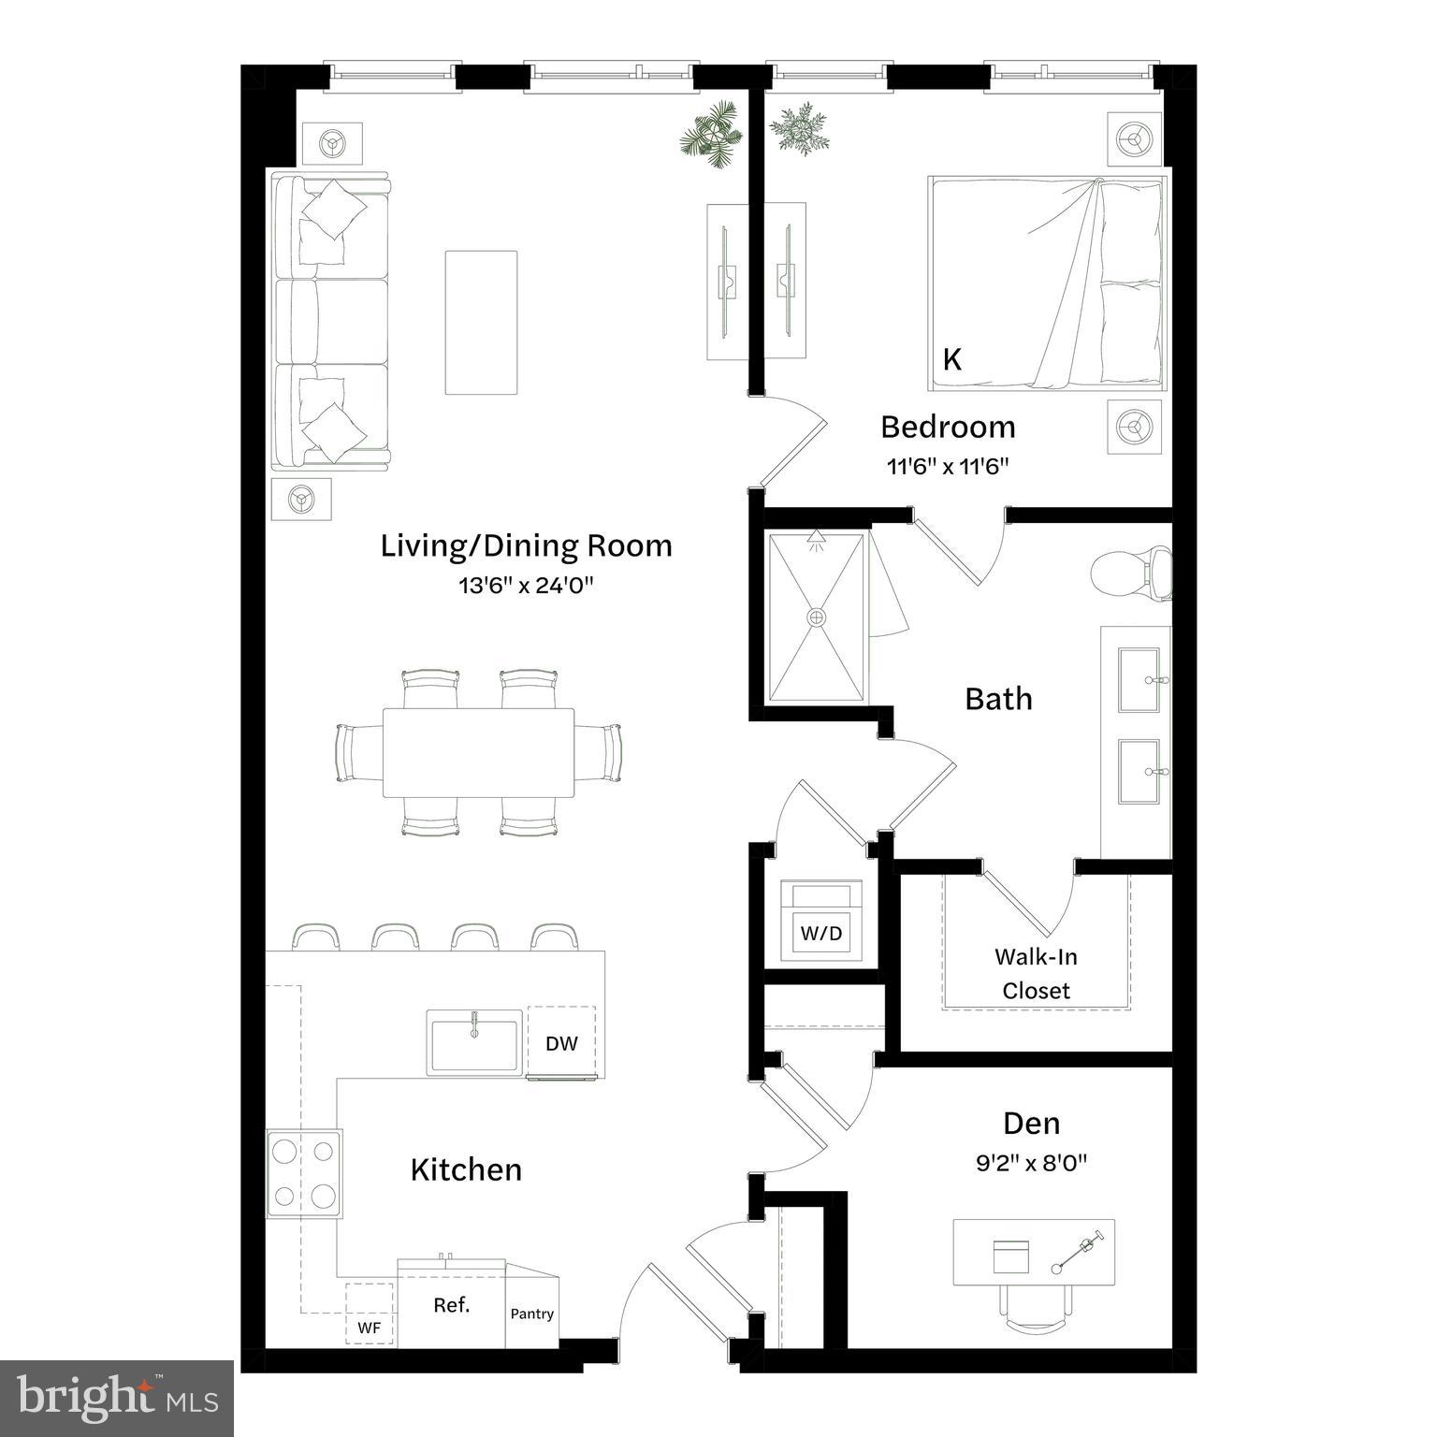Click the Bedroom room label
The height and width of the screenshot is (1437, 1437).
pyautogui.click(x=948, y=427)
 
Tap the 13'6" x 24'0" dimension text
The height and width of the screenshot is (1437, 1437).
pyautogui.click(x=527, y=587)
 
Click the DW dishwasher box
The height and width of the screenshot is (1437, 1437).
pyautogui.click(x=561, y=1043)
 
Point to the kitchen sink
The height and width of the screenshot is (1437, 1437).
pyautogui.click(x=475, y=1042)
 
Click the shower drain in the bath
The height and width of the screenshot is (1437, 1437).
pyautogui.click(x=817, y=617)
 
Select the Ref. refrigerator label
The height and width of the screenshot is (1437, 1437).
pyautogui.click(x=452, y=1304)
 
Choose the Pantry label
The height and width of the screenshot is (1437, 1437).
pyautogui.click(x=532, y=1314)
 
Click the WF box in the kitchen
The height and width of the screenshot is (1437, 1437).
pyautogui.click(x=370, y=1326)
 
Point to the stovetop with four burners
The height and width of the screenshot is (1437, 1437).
pyautogui.click(x=304, y=1173)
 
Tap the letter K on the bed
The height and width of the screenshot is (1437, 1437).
pyautogui.click(x=952, y=360)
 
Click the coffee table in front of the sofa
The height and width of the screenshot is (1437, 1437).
pyautogui.click(x=481, y=323)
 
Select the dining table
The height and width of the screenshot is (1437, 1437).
pyautogui.click(x=478, y=752)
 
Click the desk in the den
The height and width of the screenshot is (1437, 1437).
pyautogui.click(x=1034, y=1252)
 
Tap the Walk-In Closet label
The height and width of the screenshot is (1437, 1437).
pyautogui.click(x=1036, y=973)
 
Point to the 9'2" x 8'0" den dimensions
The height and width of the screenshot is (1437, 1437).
pyautogui.click(x=1032, y=1163)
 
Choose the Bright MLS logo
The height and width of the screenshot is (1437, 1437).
pyautogui.click(x=117, y=1398)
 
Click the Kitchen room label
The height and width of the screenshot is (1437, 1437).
pyautogui.click(x=466, y=1169)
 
